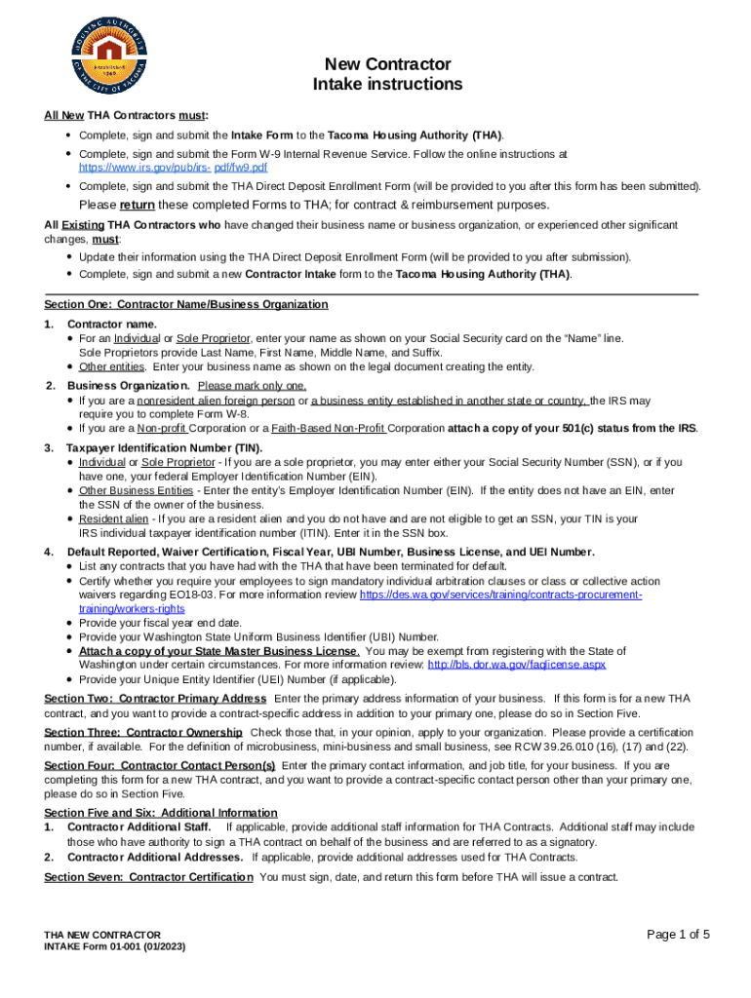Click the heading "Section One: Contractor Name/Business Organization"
(186, 305)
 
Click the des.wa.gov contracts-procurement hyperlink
(500, 595)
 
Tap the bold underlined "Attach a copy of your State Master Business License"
(218, 651)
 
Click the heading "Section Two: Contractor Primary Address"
(155, 699)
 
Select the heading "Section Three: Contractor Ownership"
(143, 732)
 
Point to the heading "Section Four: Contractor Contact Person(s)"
(160, 765)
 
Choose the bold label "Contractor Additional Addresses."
(155, 858)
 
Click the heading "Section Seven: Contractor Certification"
(148, 877)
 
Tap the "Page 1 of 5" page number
(678, 935)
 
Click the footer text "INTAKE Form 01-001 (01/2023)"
(115, 946)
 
